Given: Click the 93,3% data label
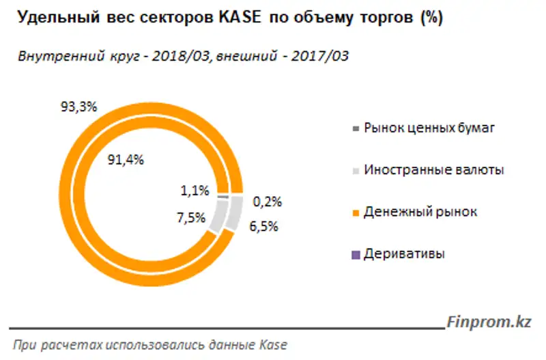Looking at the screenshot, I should click(x=80, y=107).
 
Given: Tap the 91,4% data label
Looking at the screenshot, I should click(x=126, y=160).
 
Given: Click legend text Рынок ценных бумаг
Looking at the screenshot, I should click(x=427, y=128).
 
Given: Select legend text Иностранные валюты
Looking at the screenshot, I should click(x=434, y=170).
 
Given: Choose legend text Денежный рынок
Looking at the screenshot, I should click(x=420, y=212).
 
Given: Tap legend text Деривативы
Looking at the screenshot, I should click(x=404, y=255).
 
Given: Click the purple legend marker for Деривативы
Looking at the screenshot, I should click(x=354, y=255).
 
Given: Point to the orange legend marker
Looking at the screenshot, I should click(x=354, y=213).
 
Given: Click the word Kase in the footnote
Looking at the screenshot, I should click(x=274, y=345).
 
